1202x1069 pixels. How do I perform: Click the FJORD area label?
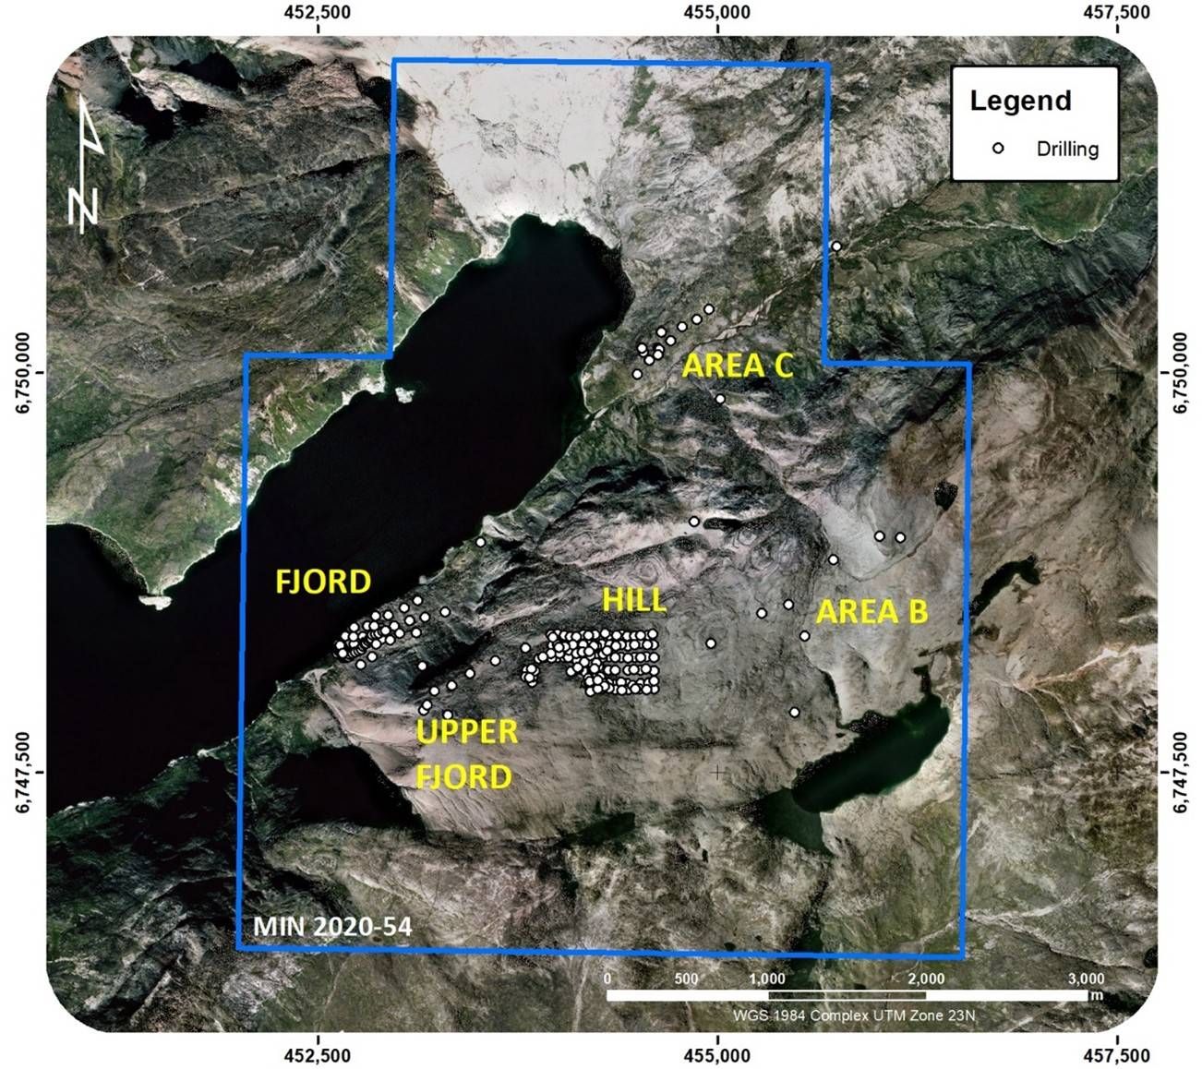click(323, 581)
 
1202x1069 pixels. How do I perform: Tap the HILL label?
click(633, 599)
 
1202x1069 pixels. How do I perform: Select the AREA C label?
click(738, 366)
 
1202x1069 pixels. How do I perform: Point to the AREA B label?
click(871, 611)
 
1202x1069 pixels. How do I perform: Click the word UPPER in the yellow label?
click(466, 732)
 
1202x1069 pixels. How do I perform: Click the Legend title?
click(1020, 100)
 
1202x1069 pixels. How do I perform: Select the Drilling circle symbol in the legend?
click(997, 148)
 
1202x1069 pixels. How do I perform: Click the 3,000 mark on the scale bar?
click(1086, 979)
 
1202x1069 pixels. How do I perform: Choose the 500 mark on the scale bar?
click(686, 979)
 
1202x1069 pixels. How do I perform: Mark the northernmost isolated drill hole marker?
click(836, 246)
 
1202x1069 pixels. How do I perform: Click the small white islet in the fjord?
click(403, 394)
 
